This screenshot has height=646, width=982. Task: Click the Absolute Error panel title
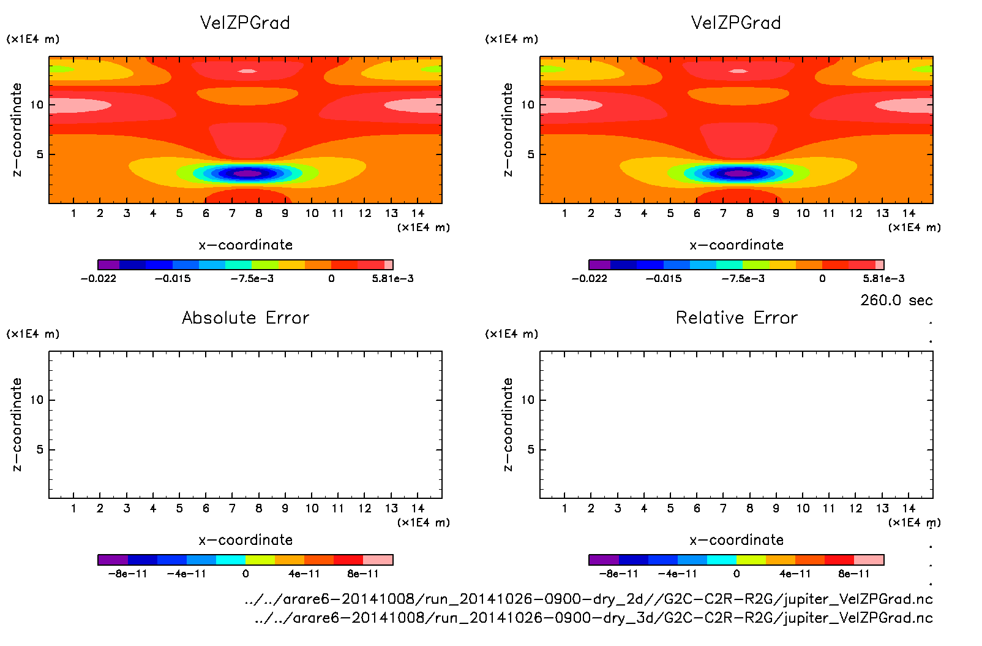[245, 317]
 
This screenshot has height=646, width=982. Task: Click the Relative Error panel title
[736, 317]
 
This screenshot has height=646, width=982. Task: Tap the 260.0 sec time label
[896, 300]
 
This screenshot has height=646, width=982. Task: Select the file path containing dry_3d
[593, 618]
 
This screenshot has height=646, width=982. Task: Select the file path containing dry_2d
[588, 599]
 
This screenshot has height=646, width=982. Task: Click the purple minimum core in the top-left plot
[247, 173]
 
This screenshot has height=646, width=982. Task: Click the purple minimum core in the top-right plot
[738, 173]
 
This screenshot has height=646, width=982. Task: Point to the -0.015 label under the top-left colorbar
[173, 278]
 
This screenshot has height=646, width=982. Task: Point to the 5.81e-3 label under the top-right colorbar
[883, 278]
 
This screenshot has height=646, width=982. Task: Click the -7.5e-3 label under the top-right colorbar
[743, 278]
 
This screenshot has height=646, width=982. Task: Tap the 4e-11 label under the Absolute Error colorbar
[304, 574]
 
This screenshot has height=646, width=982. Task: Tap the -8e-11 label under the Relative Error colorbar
[618, 574]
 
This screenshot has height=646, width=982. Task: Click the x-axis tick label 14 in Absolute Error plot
[418, 508]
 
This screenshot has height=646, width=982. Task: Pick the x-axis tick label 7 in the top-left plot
[232, 213]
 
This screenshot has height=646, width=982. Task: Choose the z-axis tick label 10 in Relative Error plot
[528, 400]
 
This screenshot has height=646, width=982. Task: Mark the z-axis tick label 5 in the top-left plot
[40, 154]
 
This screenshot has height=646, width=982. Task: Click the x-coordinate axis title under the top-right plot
[736, 245]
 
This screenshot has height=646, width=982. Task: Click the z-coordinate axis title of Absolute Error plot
[17, 424]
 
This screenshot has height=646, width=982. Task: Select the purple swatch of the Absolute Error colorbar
[113, 560]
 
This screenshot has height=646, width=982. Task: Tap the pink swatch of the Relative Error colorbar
[869, 560]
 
